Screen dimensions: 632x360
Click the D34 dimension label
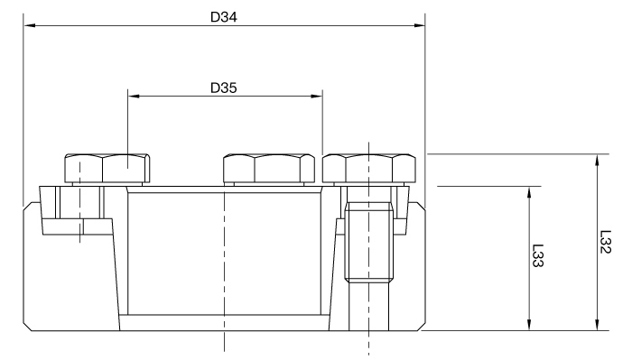tap(224, 17)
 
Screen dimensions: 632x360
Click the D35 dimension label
tap(224, 88)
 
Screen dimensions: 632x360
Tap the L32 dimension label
tap(606, 242)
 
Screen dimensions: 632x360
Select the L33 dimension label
tap(538, 255)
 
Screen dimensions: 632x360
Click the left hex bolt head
tap(107, 168)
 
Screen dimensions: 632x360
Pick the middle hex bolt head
tap(269, 168)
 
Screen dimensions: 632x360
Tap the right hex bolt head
tap(369, 168)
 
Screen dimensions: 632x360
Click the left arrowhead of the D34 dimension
tap(30, 25)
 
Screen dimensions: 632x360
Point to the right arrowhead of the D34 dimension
tap(419, 25)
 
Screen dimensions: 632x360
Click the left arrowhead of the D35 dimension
tap(134, 97)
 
